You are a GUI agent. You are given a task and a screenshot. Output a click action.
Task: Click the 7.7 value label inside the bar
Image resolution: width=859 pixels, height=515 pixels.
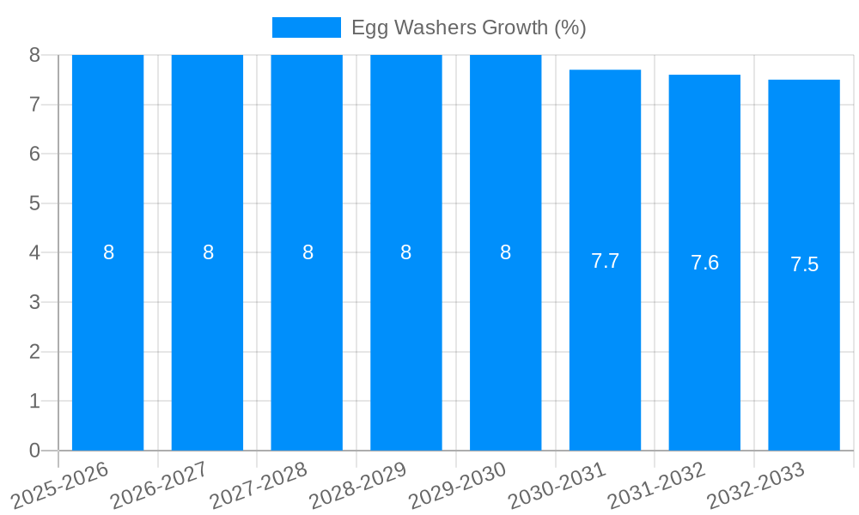[605, 261]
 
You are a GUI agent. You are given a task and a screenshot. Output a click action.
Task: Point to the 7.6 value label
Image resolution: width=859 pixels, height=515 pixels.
[704, 263]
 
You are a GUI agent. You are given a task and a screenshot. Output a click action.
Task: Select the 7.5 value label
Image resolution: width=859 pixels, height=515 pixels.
[804, 264]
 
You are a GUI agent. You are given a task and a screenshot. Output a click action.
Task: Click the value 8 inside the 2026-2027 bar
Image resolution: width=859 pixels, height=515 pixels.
[208, 252]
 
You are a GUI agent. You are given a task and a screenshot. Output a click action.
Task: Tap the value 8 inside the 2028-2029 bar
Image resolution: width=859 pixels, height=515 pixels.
[405, 252]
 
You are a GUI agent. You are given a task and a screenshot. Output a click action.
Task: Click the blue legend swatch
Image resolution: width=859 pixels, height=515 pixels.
[306, 27]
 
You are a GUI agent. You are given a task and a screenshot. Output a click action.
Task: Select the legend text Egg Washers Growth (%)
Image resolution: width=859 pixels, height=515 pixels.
[468, 27]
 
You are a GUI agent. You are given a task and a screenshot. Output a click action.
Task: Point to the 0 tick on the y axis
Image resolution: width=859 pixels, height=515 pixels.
[34, 451]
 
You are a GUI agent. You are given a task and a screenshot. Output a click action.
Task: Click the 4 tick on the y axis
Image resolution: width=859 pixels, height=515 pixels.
[34, 253]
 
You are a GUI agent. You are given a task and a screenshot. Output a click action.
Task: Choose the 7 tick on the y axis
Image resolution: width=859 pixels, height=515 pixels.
[34, 105]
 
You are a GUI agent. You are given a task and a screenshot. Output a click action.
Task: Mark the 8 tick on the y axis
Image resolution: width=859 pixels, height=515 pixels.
[34, 55]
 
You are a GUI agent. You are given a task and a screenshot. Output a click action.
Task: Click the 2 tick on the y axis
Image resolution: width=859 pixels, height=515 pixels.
[34, 352]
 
